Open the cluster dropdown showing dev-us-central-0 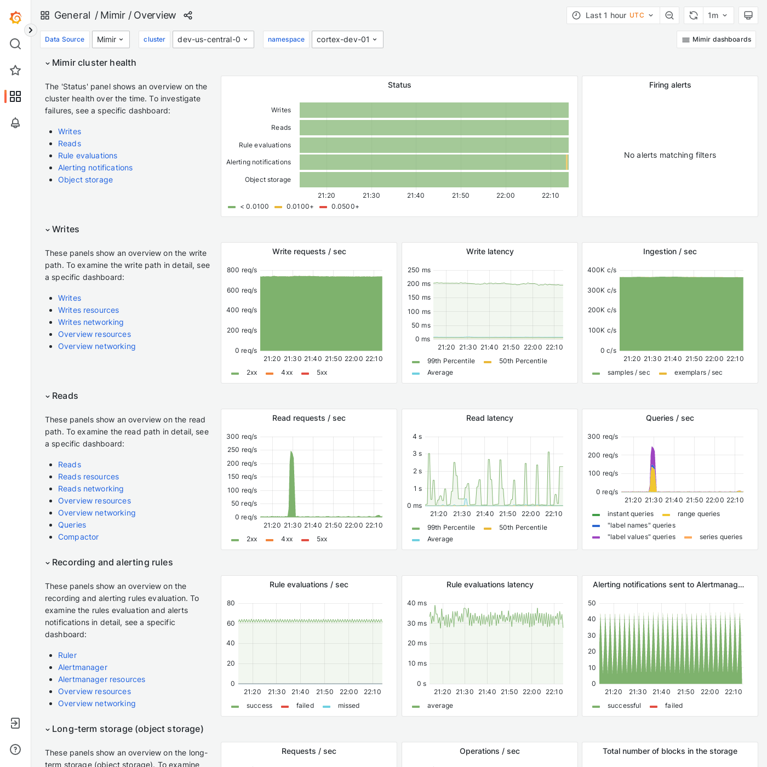coord(213,39)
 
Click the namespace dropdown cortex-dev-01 coord(347,39)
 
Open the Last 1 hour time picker coord(613,15)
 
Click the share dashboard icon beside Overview coord(188,15)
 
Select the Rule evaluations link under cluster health coord(88,156)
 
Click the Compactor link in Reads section coord(78,537)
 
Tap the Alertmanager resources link coord(101,679)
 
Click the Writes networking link coord(90,322)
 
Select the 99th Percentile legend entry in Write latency coord(450,361)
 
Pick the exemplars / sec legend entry coord(697,373)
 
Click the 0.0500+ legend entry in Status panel coord(345,207)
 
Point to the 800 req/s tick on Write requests coord(242,270)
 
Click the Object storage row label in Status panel coord(267,180)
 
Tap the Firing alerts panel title coord(669,85)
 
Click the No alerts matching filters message coord(669,155)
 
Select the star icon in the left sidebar coord(15,70)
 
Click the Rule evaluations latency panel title coord(489,585)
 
